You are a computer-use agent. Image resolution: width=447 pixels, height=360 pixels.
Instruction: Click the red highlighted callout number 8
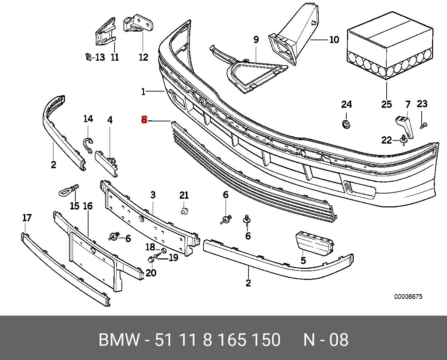pyautogui.click(x=144, y=119)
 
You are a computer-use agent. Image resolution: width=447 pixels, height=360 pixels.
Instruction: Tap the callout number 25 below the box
pyautogui.click(x=387, y=104)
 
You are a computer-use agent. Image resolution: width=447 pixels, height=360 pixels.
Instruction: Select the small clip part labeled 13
pyautogui.click(x=88, y=57)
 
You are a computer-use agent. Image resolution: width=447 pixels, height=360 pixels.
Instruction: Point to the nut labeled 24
pyautogui.click(x=346, y=124)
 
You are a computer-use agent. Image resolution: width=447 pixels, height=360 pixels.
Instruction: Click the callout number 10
pyautogui.click(x=334, y=40)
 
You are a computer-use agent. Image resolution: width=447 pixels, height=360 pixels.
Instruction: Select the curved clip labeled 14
pyautogui.click(x=88, y=145)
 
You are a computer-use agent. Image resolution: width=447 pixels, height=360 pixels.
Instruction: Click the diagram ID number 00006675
pyautogui.click(x=408, y=297)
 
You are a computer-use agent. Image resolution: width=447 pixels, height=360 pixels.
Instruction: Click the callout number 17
pyautogui.click(x=27, y=218)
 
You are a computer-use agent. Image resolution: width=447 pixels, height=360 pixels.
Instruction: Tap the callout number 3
pyautogui.click(x=153, y=195)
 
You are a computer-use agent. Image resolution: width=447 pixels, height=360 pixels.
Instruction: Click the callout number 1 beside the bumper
pyautogui.click(x=143, y=92)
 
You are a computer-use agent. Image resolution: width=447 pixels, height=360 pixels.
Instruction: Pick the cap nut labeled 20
pyautogui.click(x=150, y=259)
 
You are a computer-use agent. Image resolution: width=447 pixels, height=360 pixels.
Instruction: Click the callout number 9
pyautogui.click(x=256, y=40)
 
